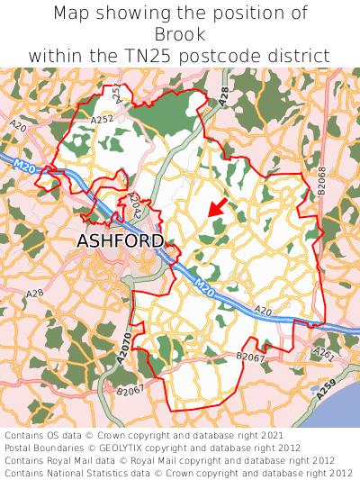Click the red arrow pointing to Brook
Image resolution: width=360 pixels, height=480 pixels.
216,206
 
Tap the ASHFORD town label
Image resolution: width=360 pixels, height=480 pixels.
121,241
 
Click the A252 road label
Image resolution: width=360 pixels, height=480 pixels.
102,117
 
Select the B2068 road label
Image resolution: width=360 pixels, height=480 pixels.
321,183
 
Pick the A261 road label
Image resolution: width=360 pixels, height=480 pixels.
323,356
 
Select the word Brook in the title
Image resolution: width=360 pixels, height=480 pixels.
180,34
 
